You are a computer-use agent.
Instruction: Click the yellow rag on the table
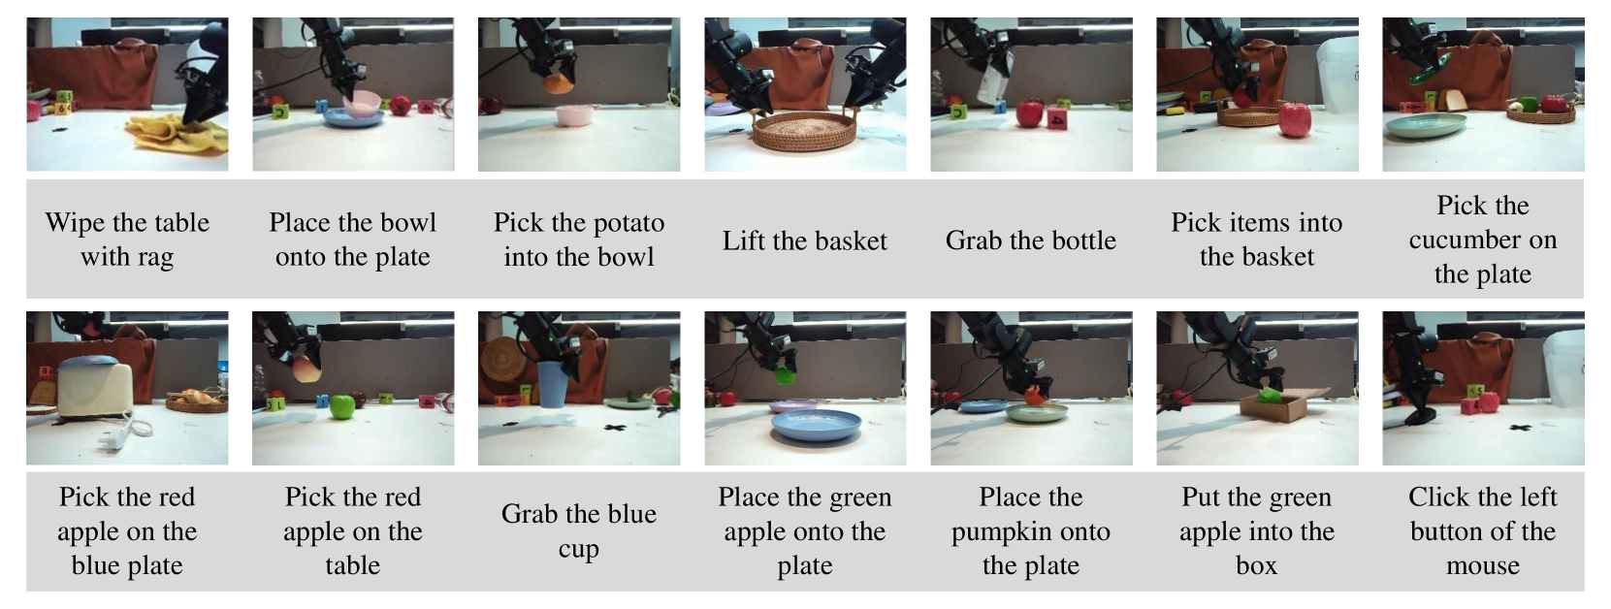point(177,134)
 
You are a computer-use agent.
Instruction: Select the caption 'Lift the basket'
point(805,240)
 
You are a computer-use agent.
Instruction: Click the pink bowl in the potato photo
point(574,115)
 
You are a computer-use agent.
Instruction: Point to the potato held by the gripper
point(558,83)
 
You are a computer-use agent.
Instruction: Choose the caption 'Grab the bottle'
point(1031,240)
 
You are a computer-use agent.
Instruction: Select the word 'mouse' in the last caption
point(1482,565)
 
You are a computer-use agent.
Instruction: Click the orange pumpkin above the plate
point(1034,397)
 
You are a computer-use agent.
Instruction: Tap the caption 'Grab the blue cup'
point(579,530)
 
